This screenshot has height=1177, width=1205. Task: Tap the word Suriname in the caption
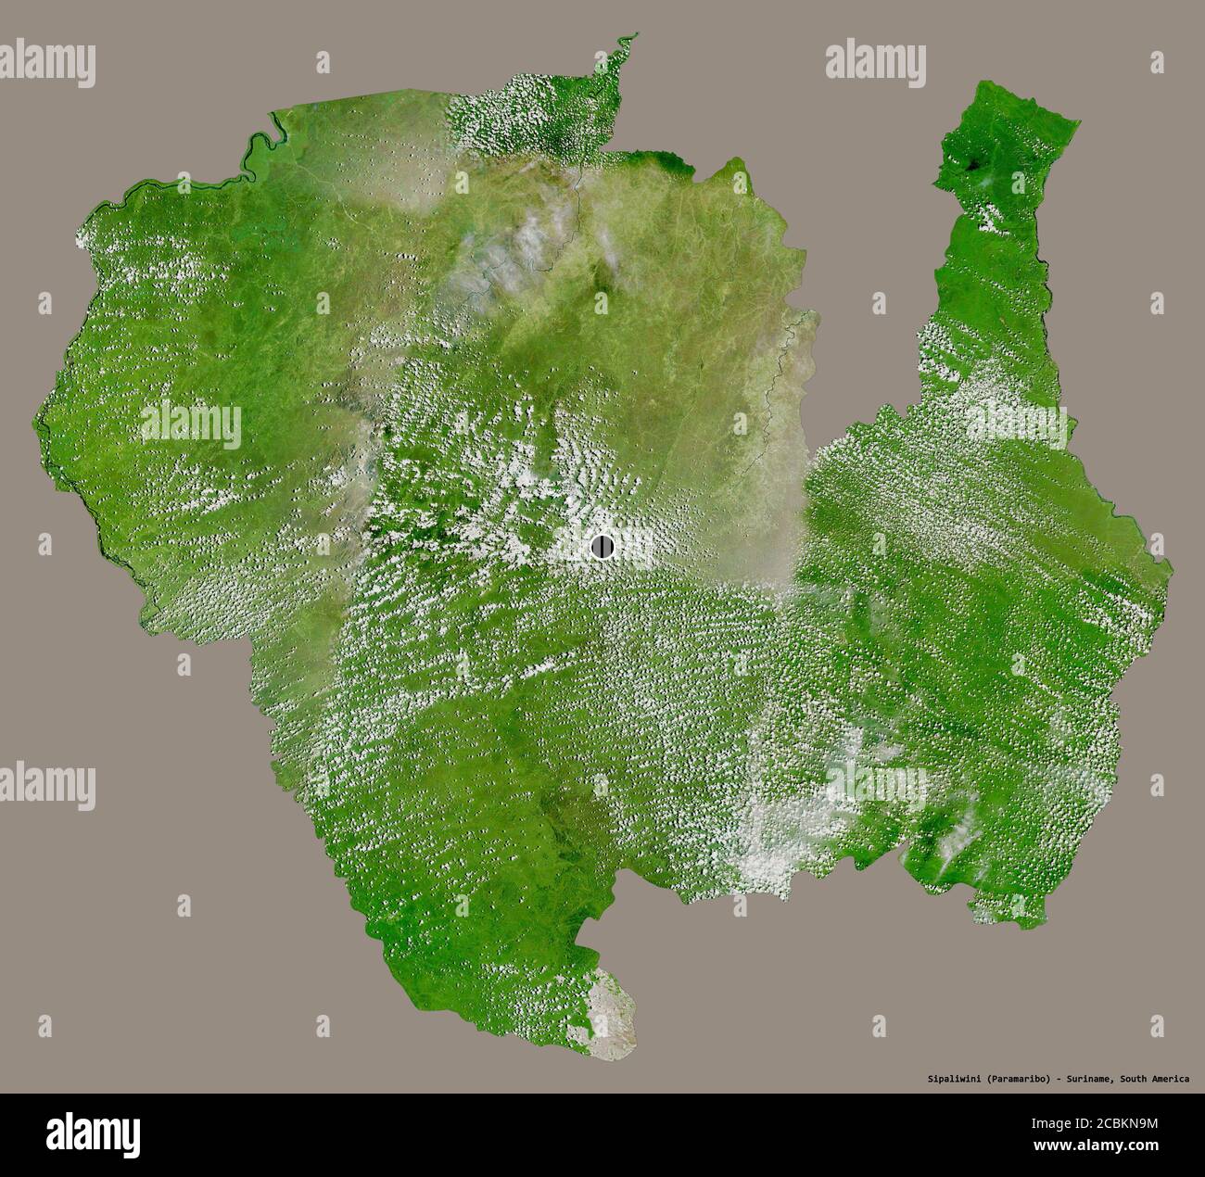click(x=1088, y=1079)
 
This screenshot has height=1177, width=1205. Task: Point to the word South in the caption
click(x=1136, y=1079)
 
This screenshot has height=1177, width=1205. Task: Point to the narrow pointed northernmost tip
click(x=635, y=36)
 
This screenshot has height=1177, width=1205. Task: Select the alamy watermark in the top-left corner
click(x=48, y=64)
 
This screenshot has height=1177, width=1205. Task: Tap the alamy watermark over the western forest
click(x=191, y=425)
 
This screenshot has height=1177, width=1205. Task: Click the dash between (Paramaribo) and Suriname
click(x=1056, y=1079)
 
